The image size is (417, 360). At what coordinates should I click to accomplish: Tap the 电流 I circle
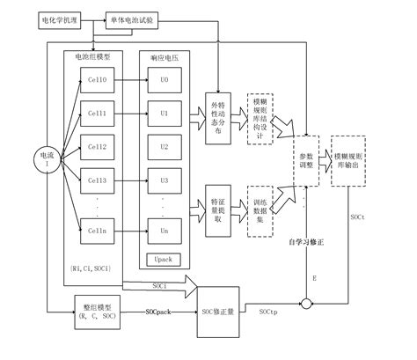click(42, 158)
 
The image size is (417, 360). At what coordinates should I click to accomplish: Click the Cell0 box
click(96, 81)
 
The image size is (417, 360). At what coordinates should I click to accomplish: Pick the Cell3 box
click(96, 180)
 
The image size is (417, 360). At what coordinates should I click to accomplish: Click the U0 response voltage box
click(164, 81)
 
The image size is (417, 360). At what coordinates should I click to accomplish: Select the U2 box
click(164, 148)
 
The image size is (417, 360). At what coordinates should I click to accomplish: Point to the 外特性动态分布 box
click(217, 114)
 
